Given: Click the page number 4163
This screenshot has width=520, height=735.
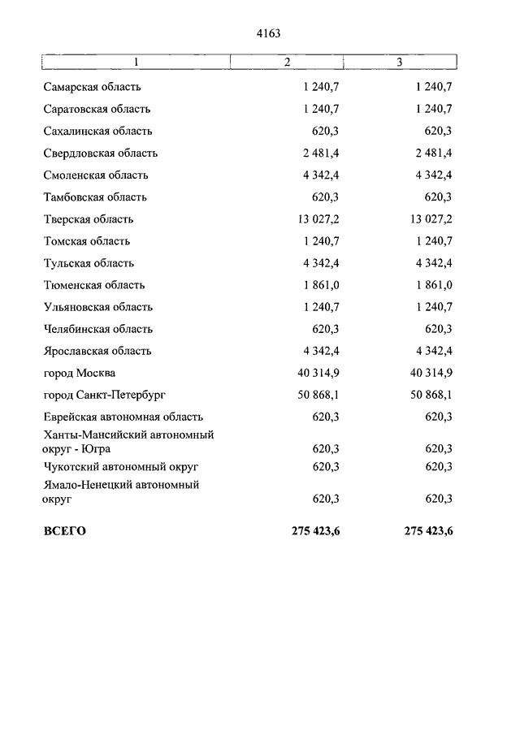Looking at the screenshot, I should coord(267,33).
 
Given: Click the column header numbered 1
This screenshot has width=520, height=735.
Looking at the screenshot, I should coord(136,63).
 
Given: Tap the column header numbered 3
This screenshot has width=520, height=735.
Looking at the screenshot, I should coord(399,63).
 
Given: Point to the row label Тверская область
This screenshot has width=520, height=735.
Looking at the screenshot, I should coord(89,219).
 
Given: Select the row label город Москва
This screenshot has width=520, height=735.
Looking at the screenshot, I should coord(80,373).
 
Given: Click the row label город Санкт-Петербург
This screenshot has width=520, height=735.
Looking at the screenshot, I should coord(105,395).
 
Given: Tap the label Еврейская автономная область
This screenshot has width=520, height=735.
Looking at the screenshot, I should coord(123,417).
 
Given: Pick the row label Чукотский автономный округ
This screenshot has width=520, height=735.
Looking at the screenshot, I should coord(121,467).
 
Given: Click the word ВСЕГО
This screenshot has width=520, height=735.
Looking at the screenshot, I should coord(64,532).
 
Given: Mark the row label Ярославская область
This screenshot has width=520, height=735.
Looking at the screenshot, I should coord(97,351).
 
